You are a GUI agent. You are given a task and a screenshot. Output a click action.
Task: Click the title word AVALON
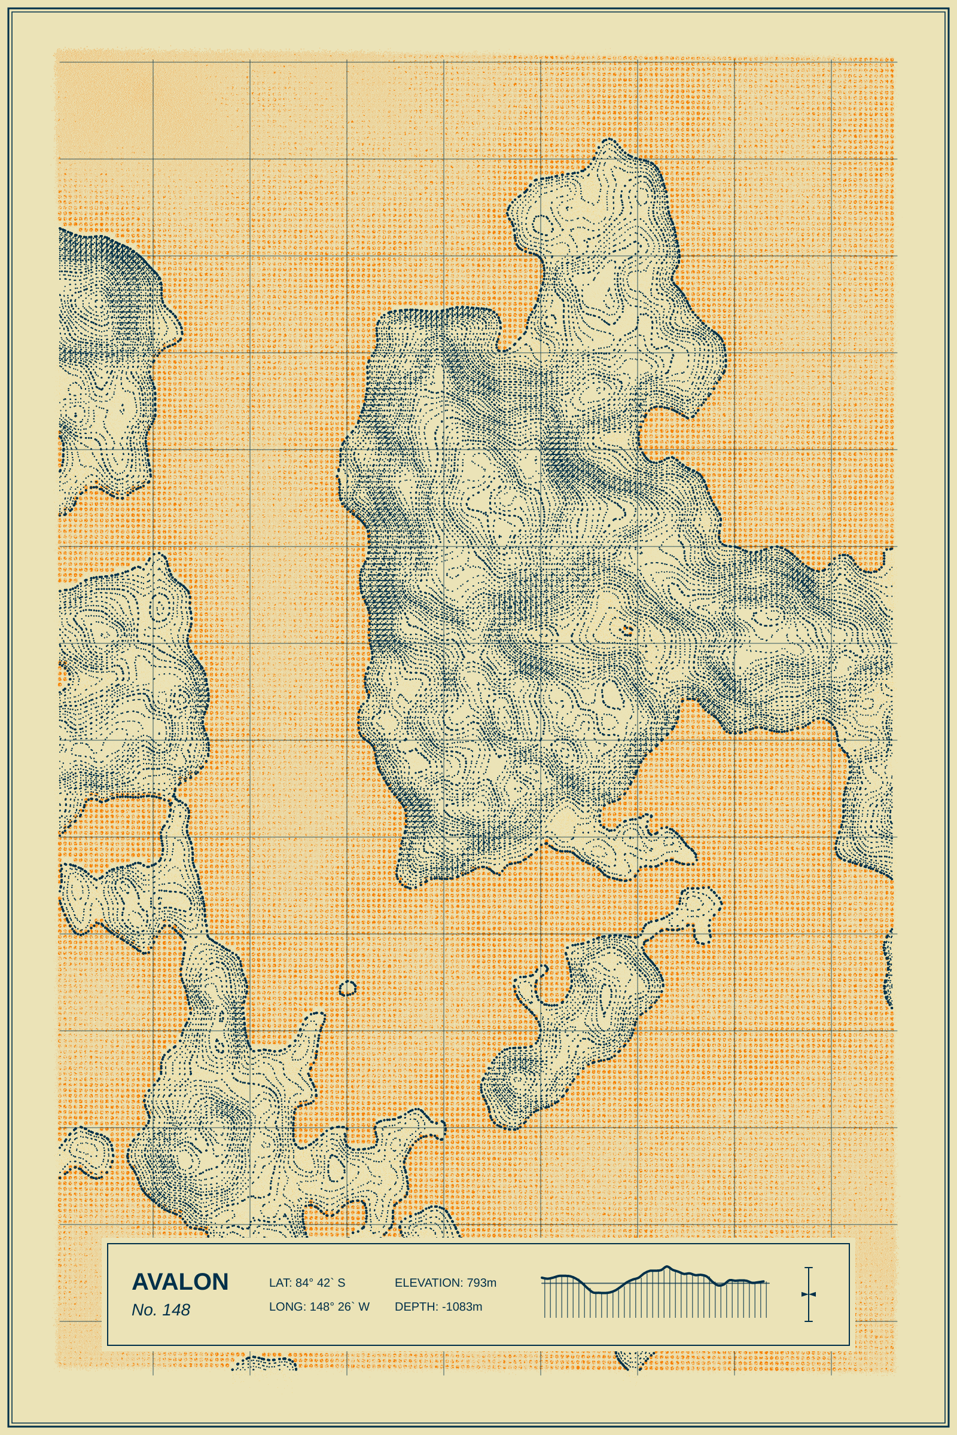click(x=180, y=1282)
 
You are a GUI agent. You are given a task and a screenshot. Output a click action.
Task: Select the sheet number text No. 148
click(x=161, y=1310)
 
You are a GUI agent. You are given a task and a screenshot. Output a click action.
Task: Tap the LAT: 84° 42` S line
click(x=307, y=1283)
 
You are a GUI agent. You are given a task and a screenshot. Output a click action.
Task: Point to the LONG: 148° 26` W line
click(x=319, y=1306)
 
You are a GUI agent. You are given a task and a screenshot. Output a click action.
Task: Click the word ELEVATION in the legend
click(x=428, y=1283)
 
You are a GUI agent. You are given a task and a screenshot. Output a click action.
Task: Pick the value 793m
click(x=481, y=1283)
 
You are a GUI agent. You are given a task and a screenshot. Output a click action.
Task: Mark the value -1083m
click(x=462, y=1306)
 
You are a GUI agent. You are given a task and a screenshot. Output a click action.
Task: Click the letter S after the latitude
click(x=341, y=1283)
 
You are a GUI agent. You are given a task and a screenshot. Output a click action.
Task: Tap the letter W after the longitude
click(x=364, y=1306)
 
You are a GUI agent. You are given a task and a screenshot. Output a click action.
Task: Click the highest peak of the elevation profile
click(x=666, y=1267)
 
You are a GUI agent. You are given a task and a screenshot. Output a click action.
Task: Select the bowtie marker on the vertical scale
click(x=809, y=1294)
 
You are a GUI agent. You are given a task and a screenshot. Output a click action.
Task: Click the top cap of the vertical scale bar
click(x=809, y=1268)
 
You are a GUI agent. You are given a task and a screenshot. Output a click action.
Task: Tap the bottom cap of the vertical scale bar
click(x=809, y=1321)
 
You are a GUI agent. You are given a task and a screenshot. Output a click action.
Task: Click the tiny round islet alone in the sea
click(x=348, y=988)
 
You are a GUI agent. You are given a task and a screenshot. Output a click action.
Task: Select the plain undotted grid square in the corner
click(x=105, y=110)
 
